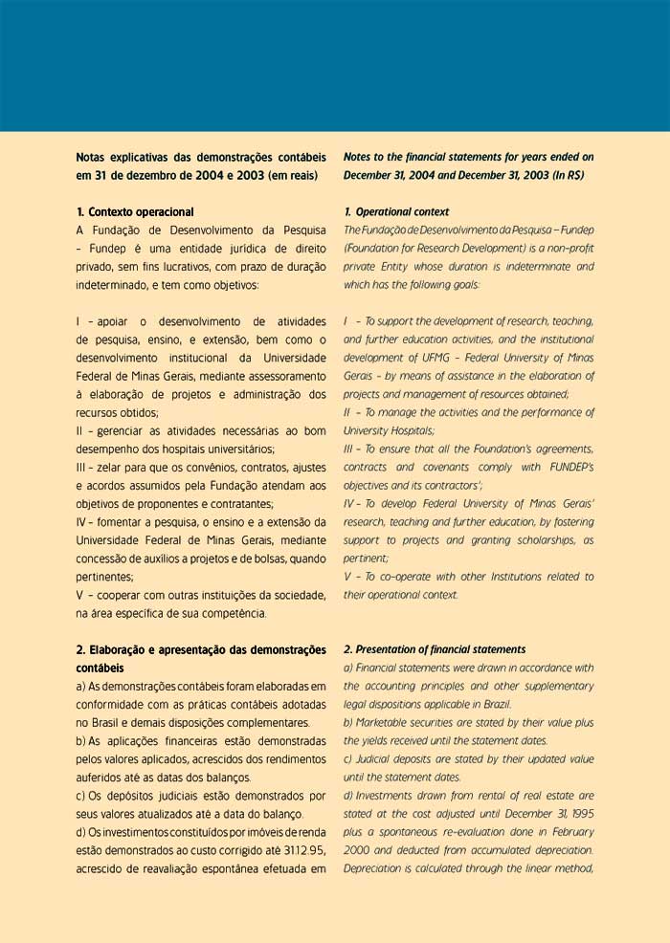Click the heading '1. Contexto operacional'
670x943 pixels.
click(x=135, y=211)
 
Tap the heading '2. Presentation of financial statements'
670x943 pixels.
click(x=435, y=649)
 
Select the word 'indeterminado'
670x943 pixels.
click(x=116, y=285)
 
